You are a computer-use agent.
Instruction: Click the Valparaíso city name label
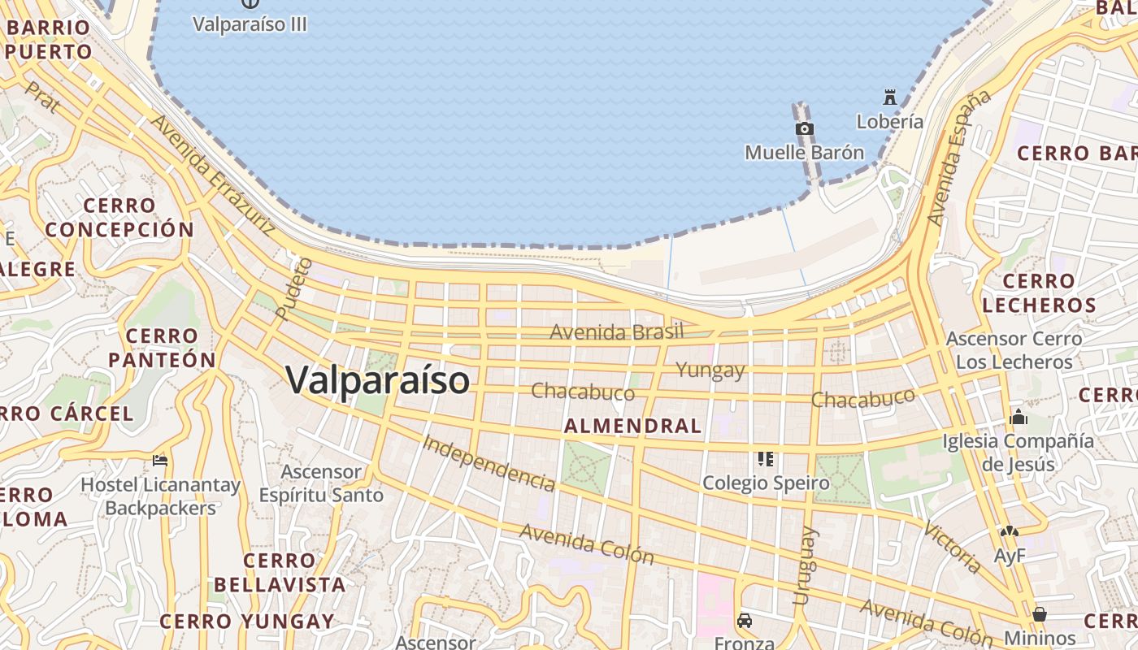(378, 380)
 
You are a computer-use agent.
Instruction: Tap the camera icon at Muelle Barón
(804, 129)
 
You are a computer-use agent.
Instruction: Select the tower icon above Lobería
(890, 98)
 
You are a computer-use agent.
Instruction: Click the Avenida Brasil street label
(617, 331)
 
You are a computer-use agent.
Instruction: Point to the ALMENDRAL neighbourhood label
(632, 426)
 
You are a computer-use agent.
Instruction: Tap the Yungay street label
(710, 370)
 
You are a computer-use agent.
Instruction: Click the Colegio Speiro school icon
(765, 459)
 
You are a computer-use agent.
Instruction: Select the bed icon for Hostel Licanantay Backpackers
(160, 461)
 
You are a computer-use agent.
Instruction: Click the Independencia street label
(489, 463)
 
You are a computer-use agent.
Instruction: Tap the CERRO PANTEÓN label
(163, 348)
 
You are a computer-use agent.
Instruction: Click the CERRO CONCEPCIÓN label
(119, 218)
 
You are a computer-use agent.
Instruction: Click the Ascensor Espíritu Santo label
(321, 483)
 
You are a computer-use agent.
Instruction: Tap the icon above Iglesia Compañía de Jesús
(1018, 418)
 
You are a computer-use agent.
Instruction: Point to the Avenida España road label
(959, 158)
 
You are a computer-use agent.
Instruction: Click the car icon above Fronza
(744, 621)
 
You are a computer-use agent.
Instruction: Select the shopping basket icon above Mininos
(1040, 614)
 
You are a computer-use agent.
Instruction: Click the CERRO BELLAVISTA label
(280, 572)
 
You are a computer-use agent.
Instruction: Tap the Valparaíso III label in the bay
(250, 24)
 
